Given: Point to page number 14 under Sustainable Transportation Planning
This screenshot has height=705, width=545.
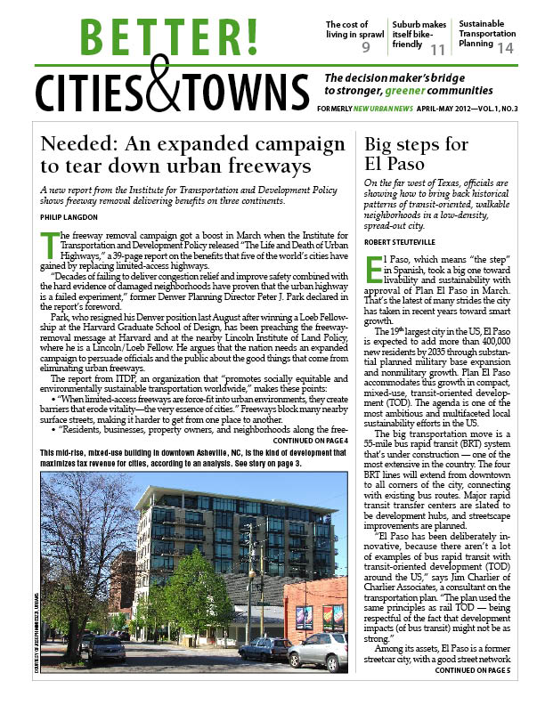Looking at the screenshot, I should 505,48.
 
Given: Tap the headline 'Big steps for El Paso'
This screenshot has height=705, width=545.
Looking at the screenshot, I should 407,155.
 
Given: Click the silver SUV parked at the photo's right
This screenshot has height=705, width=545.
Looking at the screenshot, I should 319,652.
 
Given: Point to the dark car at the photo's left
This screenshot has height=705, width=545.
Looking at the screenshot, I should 106,649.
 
